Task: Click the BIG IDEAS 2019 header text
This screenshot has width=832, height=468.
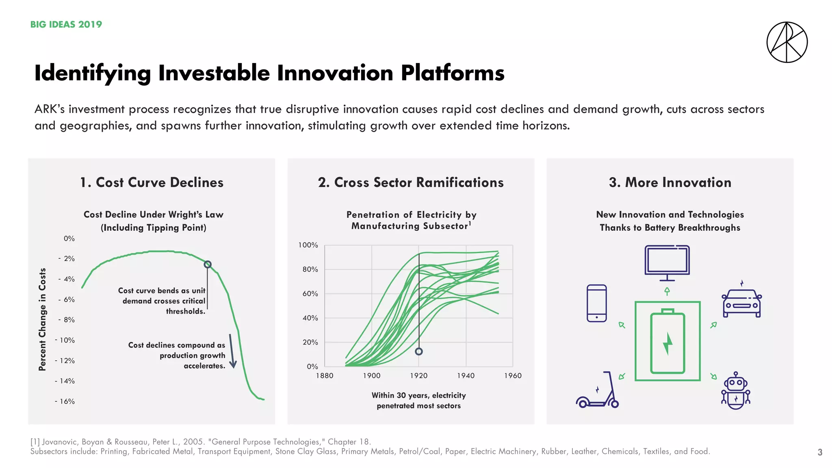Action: [x=66, y=24]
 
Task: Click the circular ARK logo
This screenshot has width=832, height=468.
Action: [x=787, y=42]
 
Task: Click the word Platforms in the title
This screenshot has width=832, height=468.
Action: [x=453, y=73]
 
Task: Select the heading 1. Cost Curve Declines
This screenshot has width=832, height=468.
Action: [x=152, y=182]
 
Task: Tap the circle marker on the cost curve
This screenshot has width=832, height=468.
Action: [x=208, y=264]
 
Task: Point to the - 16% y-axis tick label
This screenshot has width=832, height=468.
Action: [x=65, y=401]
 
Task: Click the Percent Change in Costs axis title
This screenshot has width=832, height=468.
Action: [x=42, y=319]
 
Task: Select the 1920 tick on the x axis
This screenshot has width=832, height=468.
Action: [x=418, y=376]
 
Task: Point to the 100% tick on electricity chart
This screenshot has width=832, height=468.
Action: [x=308, y=245]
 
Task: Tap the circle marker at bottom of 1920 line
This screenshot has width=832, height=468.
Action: [x=419, y=351]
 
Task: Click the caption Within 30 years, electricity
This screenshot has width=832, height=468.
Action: [x=418, y=395]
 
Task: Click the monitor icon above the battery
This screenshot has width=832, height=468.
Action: [x=667, y=262]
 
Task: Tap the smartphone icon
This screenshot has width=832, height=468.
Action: [x=597, y=303]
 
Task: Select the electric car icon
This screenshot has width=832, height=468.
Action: [x=742, y=303]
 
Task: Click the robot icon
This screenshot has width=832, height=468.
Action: [x=736, y=391]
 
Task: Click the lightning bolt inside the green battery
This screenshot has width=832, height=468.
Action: [x=667, y=344]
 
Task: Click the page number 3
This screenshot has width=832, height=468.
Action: [x=820, y=452]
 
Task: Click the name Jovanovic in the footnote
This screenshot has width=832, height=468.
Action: [x=61, y=442]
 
